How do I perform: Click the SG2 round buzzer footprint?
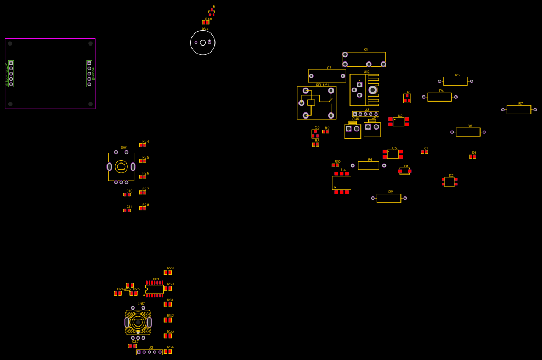click(203, 43)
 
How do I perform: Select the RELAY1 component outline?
click(316, 103)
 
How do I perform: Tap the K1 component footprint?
click(364, 59)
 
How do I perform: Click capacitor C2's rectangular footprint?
click(327, 76)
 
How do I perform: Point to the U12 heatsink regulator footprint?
click(364, 89)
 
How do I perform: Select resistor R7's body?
click(518, 110)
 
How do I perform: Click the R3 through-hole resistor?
click(455, 81)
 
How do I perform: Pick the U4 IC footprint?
click(341, 183)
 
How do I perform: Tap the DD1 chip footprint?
click(155, 289)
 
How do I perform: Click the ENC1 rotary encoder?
click(138, 322)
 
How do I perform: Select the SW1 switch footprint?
click(121, 166)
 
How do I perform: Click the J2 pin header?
click(149, 352)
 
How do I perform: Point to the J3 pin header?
click(365, 114)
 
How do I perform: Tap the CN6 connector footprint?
click(352, 131)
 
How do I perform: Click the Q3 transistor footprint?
click(315, 133)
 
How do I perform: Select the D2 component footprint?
click(449, 182)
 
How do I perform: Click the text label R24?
click(145, 142)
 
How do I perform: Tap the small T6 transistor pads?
click(212, 13)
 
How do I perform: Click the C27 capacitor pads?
click(133, 346)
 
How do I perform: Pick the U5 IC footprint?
click(393, 154)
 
